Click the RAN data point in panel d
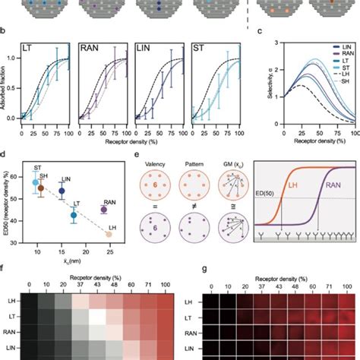(x=104, y=209)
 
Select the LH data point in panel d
(x=108, y=235)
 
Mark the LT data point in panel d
(x=73, y=216)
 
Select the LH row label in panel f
(x=13, y=302)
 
